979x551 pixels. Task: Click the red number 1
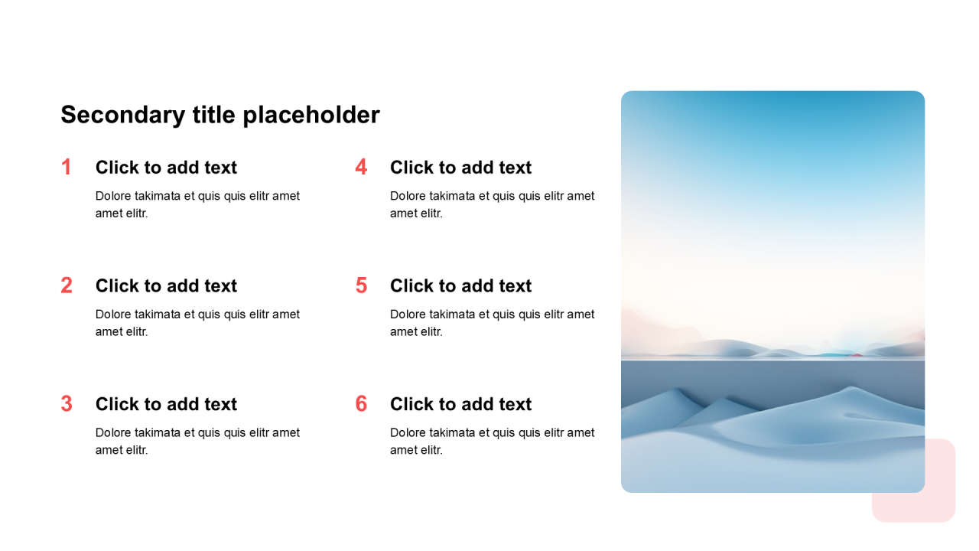click(x=67, y=167)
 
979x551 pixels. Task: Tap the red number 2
click(x=67, y=285)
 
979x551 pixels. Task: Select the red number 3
click(x=67, y=403)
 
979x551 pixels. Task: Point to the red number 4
click(x=361, y=167)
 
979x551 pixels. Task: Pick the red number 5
click(x=361, y=285)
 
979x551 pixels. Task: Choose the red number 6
click(x=361, y=403)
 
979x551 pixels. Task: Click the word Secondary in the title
click(x=123, y=116)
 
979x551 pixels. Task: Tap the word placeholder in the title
click(x=311, y=116)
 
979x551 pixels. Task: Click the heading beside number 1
click(x=166, y=168)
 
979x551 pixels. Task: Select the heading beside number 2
click(x=166, y=286)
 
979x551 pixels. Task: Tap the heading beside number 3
click(x=166, y=404)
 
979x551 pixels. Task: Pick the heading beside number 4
click(x=460, y=168)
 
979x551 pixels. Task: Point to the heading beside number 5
click(x=460, y=286)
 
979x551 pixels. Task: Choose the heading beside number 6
click(x=460, y=404)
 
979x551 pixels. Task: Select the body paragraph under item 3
click(x=197, y=442)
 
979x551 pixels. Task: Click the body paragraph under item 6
click(x=492, y=442)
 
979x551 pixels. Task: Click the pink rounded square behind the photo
click(x=940, y=503)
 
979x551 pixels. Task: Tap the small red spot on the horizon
click(x=857, y=354)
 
